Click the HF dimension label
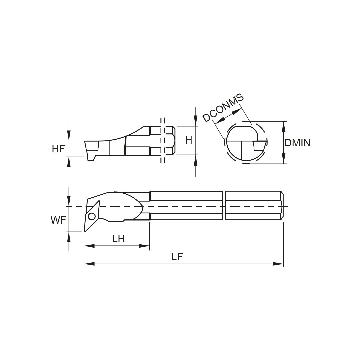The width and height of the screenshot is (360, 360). click(58, 149)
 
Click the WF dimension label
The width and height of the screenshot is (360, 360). click(58, 220)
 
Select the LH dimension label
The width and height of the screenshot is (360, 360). click(118, 239)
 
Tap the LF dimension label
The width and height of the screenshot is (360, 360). click(177, 256)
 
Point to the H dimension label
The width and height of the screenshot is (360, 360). click(189, 140)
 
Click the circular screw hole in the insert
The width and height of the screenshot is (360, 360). click(91, 216)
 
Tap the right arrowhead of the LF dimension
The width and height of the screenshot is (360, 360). click(278, 264)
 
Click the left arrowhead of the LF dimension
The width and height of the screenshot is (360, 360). click(89, 264)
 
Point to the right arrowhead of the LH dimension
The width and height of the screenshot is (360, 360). click(144, 246)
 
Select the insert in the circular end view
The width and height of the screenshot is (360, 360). click(259, 146)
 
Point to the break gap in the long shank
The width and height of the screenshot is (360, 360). click(224, 206)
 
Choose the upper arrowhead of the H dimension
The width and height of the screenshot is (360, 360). click(195, 121)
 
